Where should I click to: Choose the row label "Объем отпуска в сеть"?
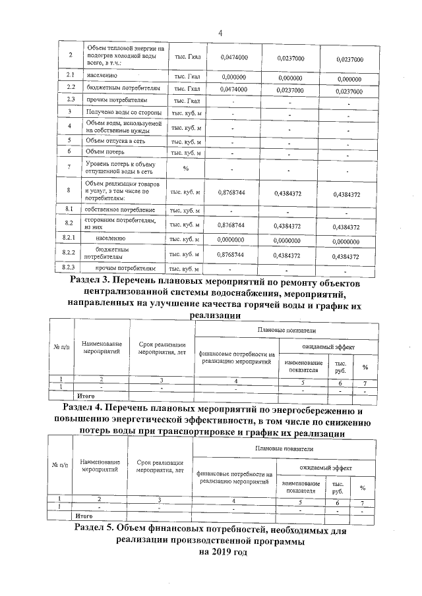coord(115,140)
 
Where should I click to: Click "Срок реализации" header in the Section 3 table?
coord(161,344)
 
